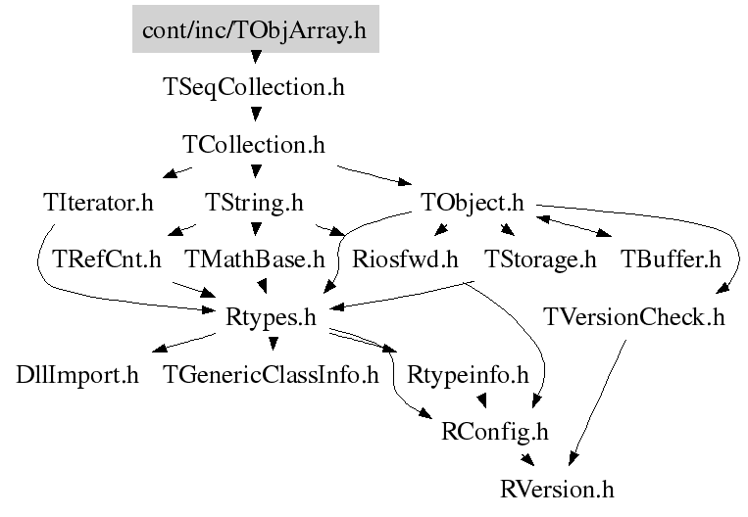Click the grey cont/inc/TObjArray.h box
[x=254, y=29]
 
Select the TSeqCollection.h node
[x=254, y=87]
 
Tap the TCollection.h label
[x=254, y=145]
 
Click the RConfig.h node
[x=496, y=430]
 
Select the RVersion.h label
[x=558, y=487]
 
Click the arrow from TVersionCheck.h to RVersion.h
[x=597, y=401]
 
